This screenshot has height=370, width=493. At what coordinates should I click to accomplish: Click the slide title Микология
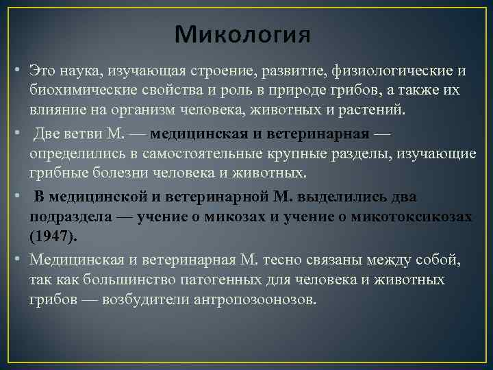[x=242, y=33]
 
